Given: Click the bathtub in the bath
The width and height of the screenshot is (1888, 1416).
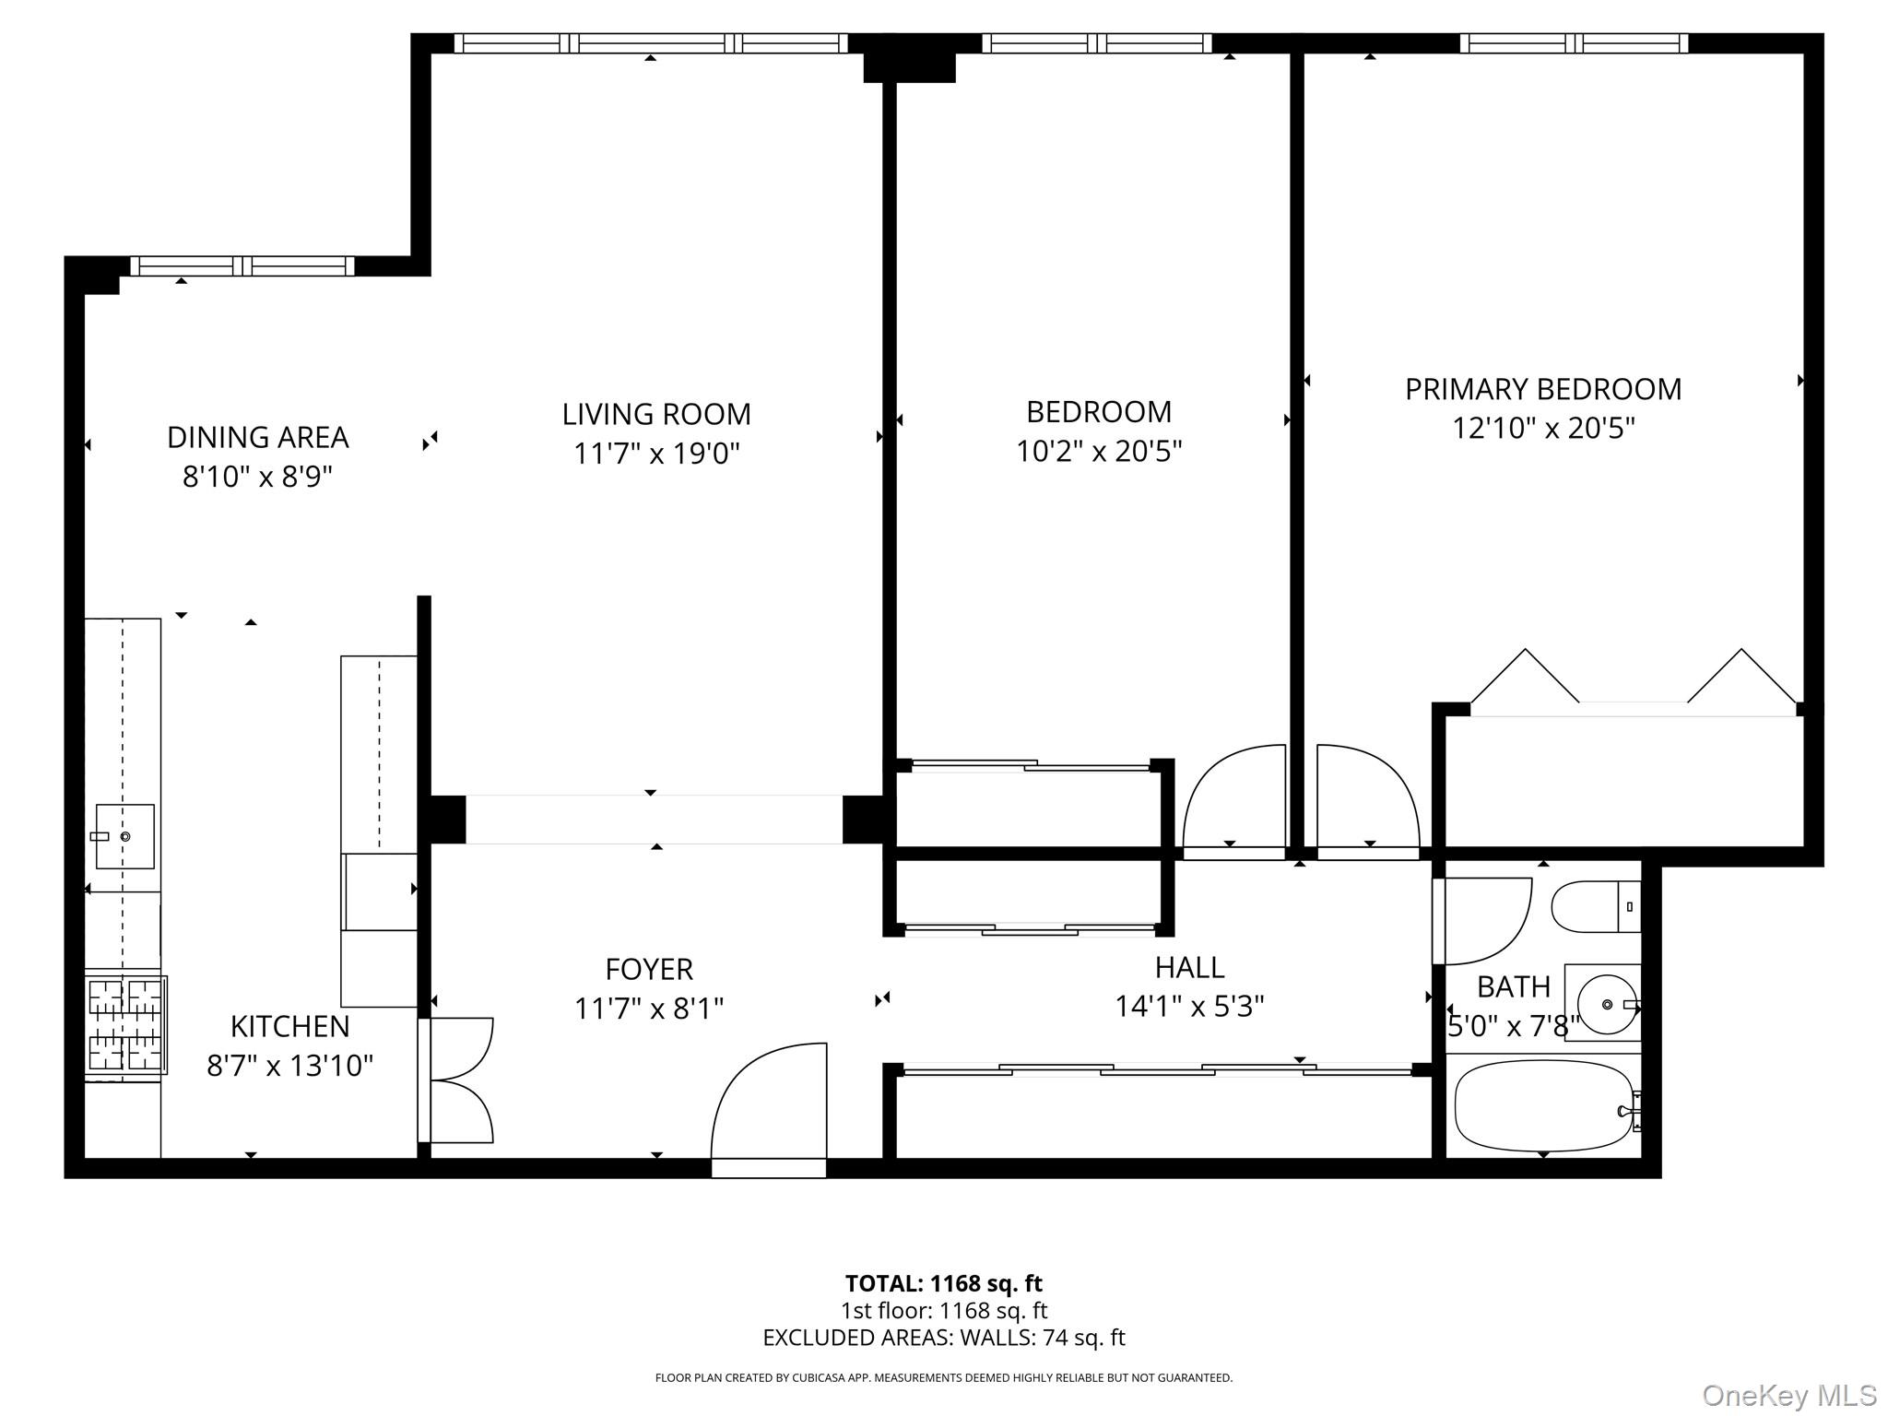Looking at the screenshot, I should tap(1543, 1105).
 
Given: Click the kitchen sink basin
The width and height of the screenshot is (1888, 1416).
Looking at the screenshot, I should tap(124, 836).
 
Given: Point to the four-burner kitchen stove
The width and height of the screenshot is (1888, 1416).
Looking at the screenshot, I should tap(125, 1024).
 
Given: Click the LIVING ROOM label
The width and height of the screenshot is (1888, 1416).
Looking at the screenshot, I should tap(656, 414).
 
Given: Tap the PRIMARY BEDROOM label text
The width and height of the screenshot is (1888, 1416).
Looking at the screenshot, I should tap(1542, 389).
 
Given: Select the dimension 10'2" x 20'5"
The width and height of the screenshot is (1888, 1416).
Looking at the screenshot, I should tap(1098, 452).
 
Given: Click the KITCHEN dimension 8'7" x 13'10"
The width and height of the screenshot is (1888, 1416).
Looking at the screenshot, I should tap(289, 1066).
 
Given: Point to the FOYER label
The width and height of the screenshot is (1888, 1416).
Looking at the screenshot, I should tap(648, 969).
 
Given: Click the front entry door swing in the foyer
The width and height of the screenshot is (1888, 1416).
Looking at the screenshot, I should tap(770, 1106).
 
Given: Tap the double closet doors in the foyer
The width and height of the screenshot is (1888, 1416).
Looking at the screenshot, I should tap(459, 1080).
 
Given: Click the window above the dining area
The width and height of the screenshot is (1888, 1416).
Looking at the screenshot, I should tap(242, 266).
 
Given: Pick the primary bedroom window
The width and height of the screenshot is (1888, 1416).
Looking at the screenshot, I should tap(1574, 43).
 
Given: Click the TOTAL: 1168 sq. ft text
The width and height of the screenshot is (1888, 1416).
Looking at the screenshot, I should tap(943, 1283).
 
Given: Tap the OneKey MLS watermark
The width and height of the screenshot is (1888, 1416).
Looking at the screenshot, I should tap(1788, 1396).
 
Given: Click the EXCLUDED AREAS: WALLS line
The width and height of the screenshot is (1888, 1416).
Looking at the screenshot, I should tap(943, 1338).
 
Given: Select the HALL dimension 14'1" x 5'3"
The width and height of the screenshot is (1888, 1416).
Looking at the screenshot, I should tap(1188, 1006).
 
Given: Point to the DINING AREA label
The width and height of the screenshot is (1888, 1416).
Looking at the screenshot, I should tap(257, 437).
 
